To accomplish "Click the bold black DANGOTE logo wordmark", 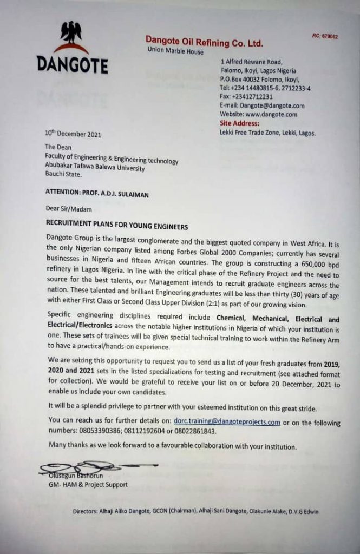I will tap(72, 64).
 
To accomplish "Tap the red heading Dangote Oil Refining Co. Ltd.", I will tap(204, 42).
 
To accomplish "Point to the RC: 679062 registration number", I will tap(325, 36).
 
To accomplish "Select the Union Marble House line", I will tap(175, 52).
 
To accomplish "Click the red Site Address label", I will tap(240, 123).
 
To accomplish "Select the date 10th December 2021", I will tap(73, 134).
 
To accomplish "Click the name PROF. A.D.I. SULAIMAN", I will tap(122, 190).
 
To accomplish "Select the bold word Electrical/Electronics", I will tap(80, 326).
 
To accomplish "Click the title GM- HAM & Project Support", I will tap(88, 484).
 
